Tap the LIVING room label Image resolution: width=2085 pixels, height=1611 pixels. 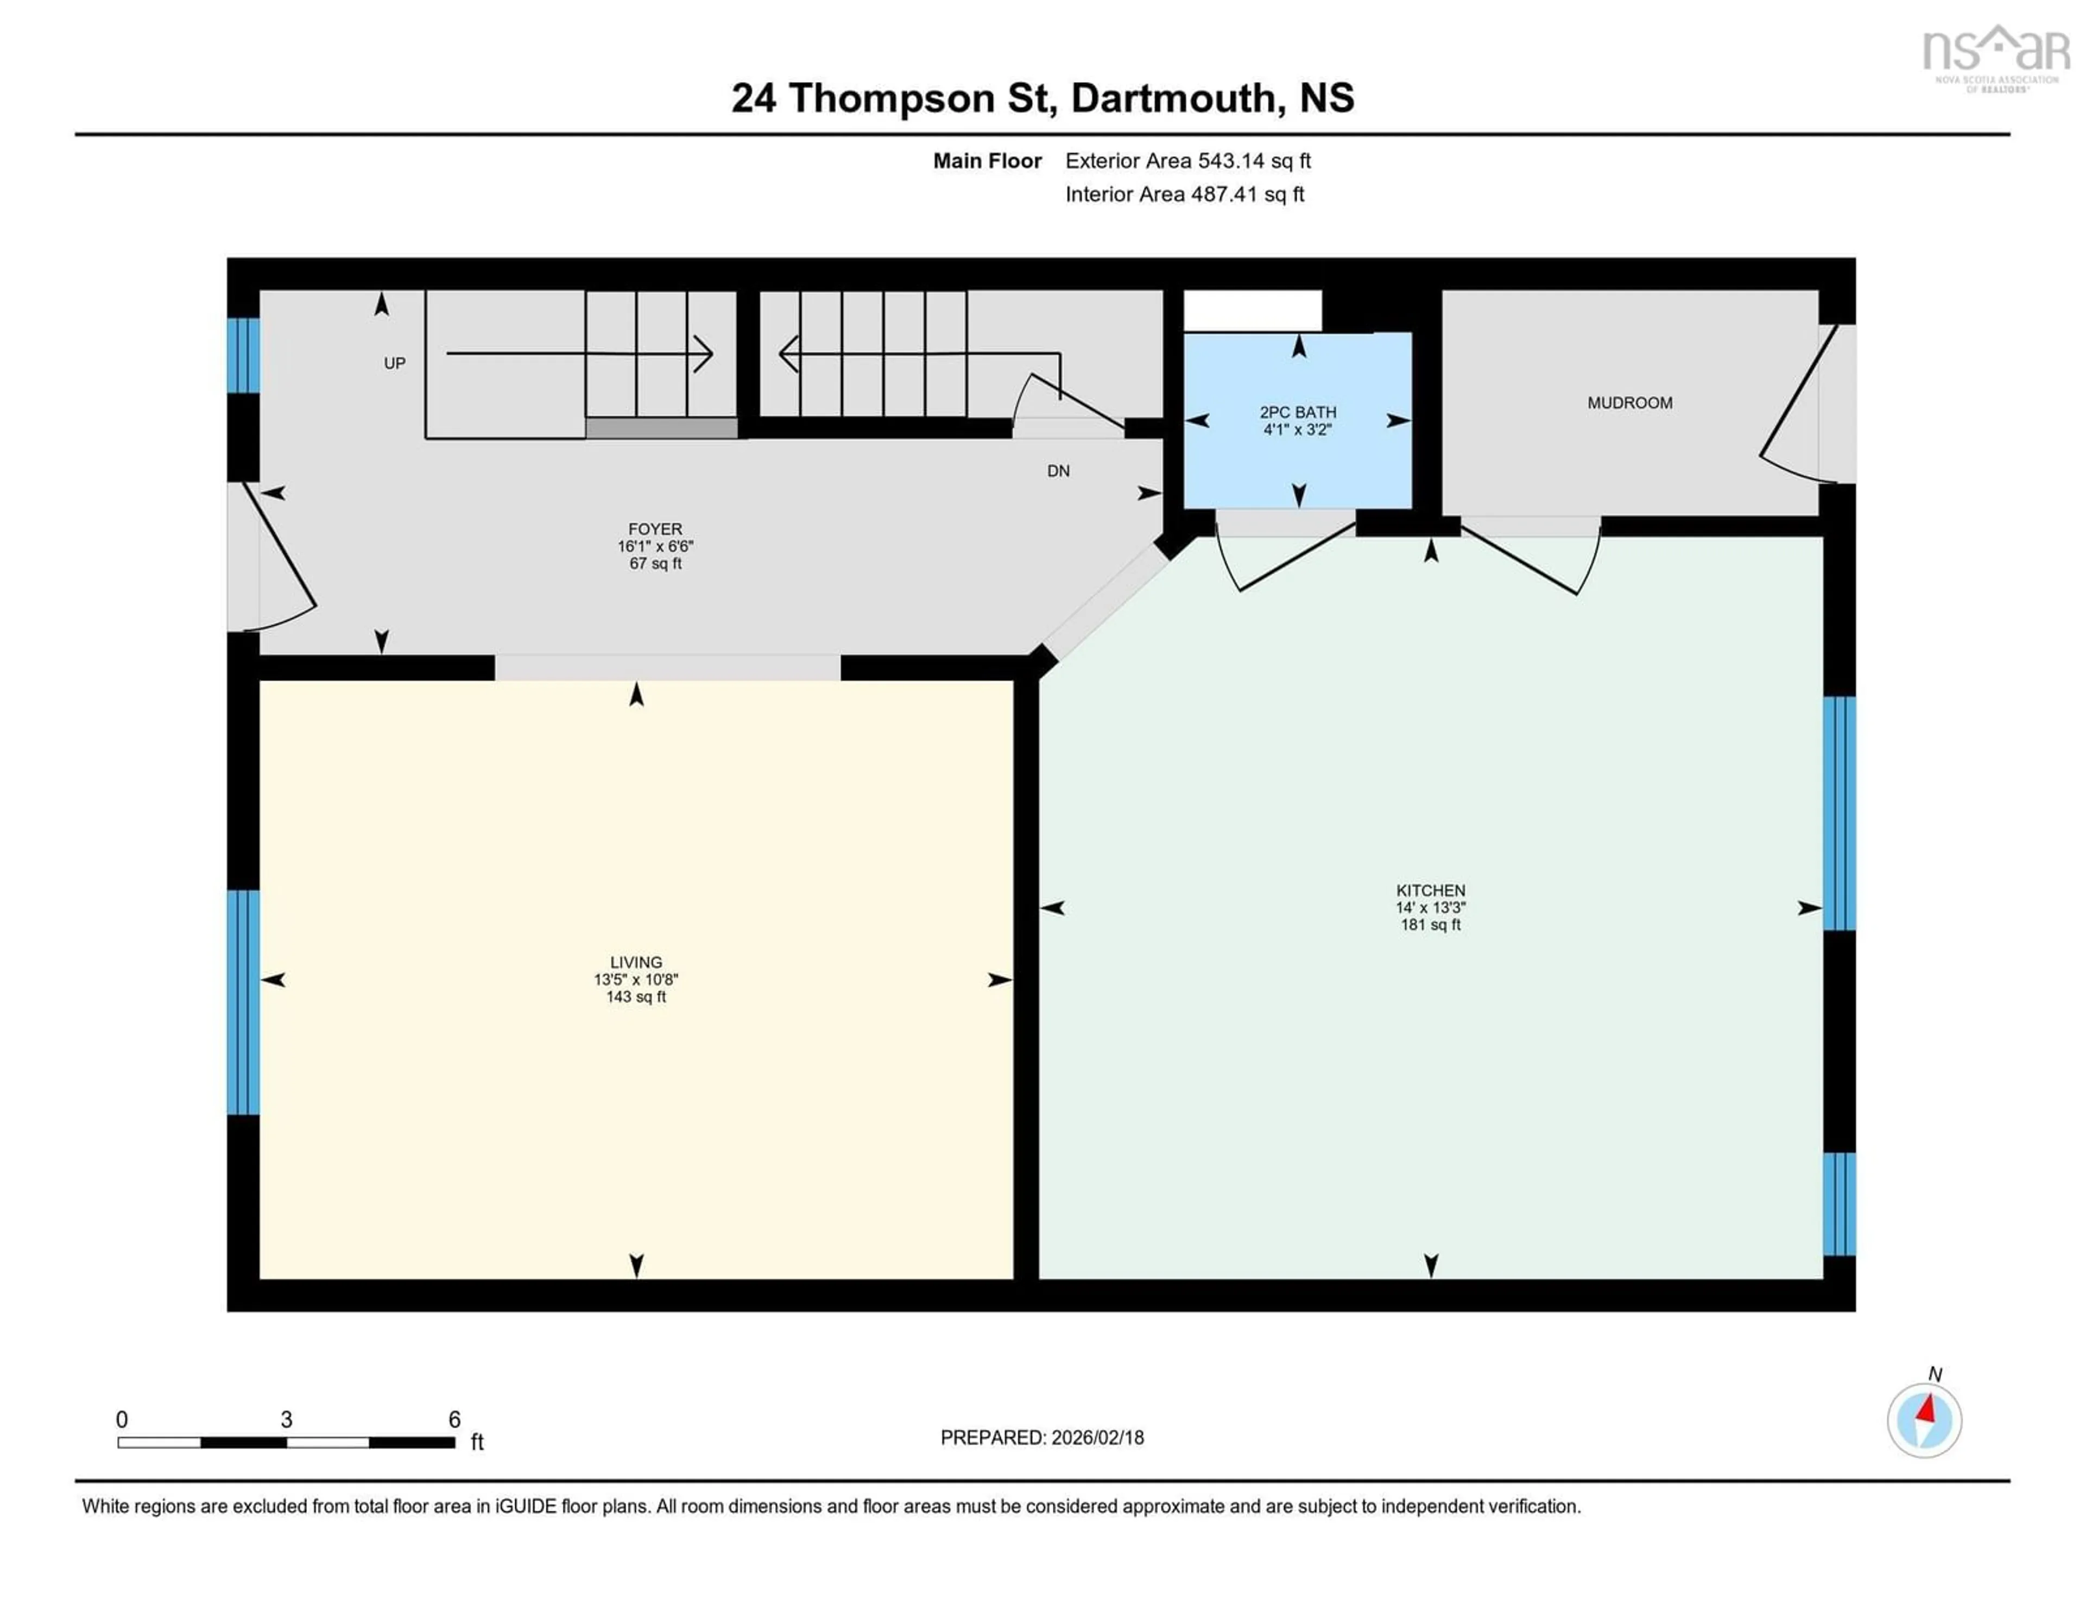(636, 962)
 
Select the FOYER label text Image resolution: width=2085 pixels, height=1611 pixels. (655, 529)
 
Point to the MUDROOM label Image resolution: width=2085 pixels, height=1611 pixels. (1629, 403)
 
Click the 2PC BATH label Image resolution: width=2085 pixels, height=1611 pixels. (1297, 413)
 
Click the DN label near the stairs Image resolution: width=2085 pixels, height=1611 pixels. (1058, 471)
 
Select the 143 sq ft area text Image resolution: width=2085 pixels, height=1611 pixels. (636, 997)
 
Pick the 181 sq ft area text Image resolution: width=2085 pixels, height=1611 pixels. (1430, 924)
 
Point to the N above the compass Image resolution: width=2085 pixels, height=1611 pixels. (1934, 1374)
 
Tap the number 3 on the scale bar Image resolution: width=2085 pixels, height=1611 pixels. (286, 1420)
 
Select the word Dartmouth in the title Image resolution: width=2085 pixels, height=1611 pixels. (1172, 98)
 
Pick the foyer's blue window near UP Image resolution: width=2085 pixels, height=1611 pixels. (243, 355)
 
